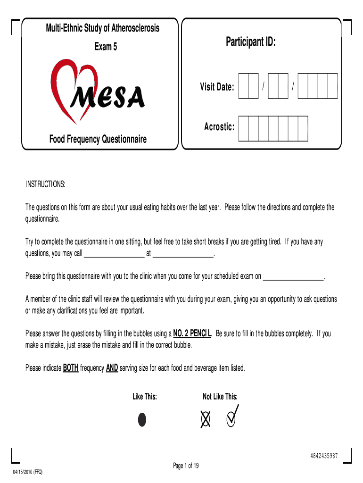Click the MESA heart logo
coord(98,92)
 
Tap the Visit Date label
coord(216,87)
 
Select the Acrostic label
coord(219,127)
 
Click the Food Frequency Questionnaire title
coord(98,139)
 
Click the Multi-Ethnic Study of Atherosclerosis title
coord(102,28)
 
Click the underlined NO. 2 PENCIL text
coord(193,333)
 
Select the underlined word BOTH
coord(71,368)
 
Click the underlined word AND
coord(112,368)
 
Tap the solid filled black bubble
coord(142,419)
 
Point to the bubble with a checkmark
coord(231,419)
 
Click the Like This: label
coord(145,397)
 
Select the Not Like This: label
coord(220,397)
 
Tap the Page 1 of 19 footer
coord(186,466)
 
